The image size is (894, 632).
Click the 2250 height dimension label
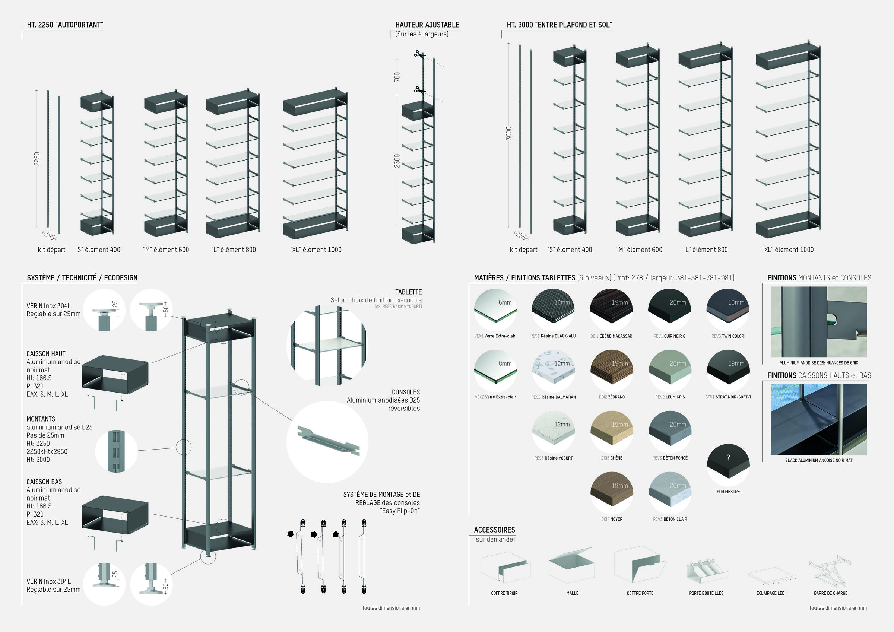pos(37,159)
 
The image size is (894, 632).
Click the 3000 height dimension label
pos(508,134)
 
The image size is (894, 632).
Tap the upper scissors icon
pos(418,54)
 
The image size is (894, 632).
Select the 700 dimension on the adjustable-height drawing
pos(397,77)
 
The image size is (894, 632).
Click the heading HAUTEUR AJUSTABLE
pos(427,25)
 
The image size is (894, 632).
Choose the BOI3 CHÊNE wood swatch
pos(611,432)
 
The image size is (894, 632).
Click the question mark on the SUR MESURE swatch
pos(728,458)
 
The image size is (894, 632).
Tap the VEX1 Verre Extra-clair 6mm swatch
pos(495,309)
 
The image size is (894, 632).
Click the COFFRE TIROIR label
pos(504,593)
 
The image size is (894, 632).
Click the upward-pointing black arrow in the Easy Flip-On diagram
pos(336,534)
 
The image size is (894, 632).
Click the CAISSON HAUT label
pos(46,353)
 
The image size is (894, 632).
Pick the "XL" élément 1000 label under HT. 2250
pos(316,250)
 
